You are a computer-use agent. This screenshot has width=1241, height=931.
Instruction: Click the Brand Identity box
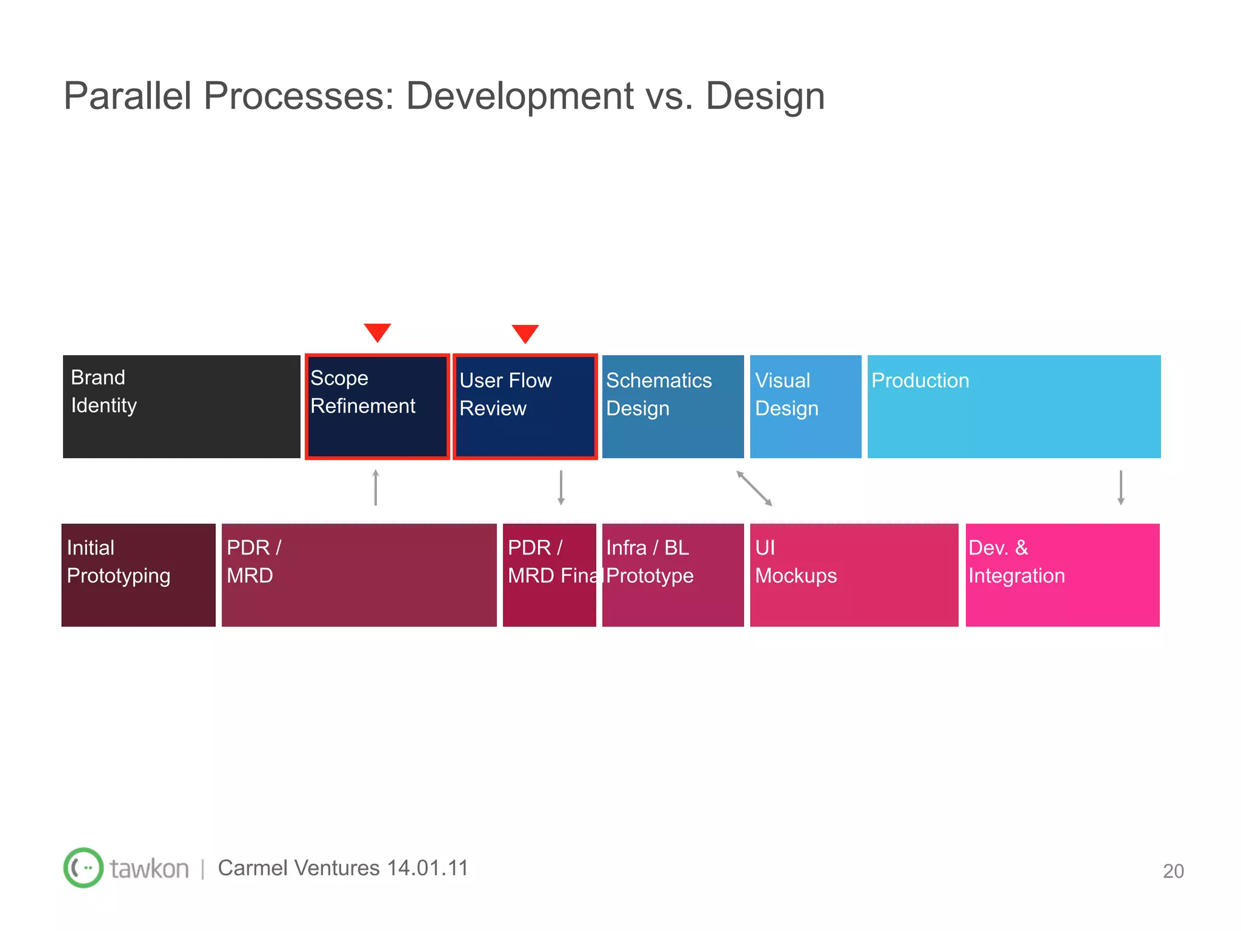(182, 407)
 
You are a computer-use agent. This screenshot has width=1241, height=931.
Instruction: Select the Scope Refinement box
(377, 407)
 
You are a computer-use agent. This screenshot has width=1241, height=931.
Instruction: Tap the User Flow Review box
(525, 407)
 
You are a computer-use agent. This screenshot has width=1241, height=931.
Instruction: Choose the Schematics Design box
(673, 407)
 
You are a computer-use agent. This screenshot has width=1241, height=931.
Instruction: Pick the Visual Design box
(805, 407)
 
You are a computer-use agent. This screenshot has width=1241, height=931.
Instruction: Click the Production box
(1014, 407)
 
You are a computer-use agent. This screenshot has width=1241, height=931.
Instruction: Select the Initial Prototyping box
(139, 575)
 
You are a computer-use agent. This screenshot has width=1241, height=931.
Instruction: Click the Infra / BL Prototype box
(673, 575)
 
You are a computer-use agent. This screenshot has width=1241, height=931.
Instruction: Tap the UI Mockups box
(854, 575)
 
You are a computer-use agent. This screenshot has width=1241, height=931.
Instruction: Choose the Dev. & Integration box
(1062, 575)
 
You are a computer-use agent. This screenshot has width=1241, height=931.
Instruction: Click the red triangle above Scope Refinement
(378, 332)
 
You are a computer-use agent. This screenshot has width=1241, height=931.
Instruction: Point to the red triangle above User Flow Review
(525, 333)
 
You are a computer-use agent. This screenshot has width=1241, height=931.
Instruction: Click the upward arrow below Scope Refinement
(376, 487)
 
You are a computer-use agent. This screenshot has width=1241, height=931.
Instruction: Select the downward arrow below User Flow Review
(561, 487)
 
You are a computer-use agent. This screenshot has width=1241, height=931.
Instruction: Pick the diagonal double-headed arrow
(754, 488)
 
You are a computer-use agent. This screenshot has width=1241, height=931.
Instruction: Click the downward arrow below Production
(1121, 487)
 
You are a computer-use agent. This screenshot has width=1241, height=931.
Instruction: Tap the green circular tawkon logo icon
(84, 867)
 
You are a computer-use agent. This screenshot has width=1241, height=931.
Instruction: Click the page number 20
(1173, 871)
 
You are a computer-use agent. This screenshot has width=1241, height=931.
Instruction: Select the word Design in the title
(765, 96)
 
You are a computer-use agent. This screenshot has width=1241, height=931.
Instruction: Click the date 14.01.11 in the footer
(428, 868)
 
